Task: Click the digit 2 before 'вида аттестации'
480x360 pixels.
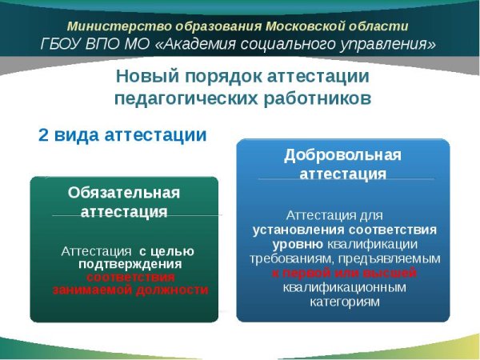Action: click(x=44, y=135)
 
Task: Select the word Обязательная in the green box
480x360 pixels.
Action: click(x=124, y=193)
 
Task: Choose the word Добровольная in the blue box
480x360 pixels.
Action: click(x=343, y=154)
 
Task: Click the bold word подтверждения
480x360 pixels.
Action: click(x=130, y=263)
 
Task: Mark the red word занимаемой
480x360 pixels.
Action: click(x=90, y=289)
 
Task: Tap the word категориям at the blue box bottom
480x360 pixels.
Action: click(x=343, y=302)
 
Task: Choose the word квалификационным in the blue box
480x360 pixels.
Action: click(x=343, y=287)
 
